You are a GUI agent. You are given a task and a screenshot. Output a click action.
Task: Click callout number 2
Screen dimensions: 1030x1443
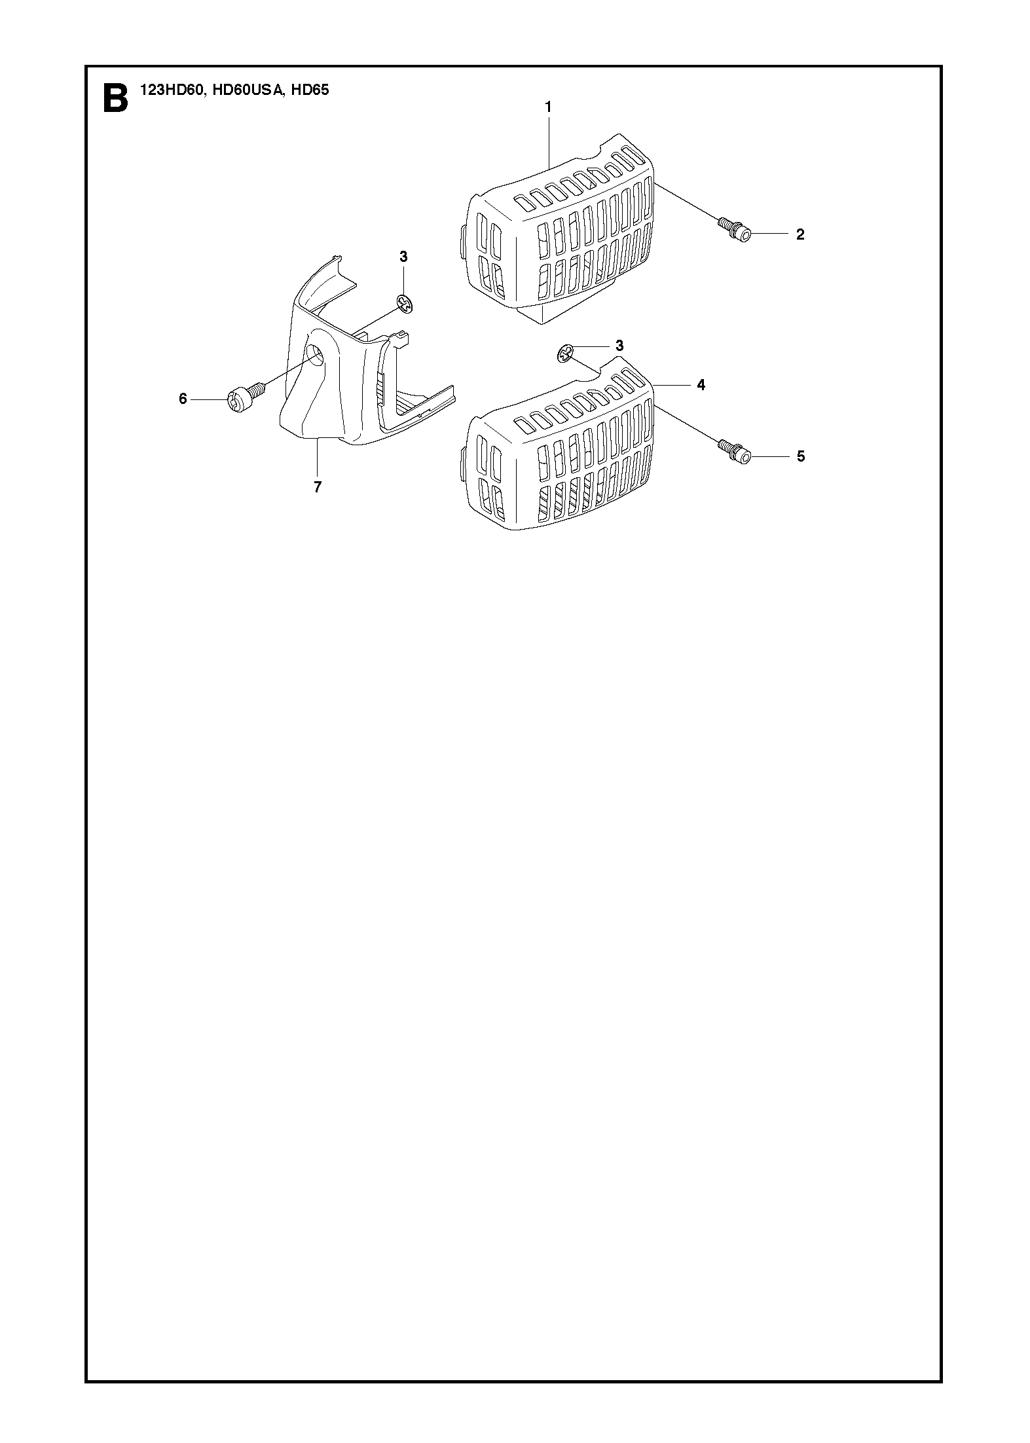800,234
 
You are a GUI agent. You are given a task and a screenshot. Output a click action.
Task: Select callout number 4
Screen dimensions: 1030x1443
701,385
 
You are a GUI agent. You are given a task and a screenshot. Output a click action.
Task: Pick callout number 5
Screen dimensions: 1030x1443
801,456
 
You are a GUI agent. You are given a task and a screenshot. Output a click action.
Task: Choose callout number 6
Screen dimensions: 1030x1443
183,398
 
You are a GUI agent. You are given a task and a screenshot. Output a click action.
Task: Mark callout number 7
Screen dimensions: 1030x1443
318,487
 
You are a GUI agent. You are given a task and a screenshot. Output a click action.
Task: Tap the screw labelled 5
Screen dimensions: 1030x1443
734,451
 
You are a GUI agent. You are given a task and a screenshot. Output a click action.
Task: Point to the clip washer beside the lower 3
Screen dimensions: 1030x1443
565,353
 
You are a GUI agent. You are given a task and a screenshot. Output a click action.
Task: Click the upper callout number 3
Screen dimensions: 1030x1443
403,257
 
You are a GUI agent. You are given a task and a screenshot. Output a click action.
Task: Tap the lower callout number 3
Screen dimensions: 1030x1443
619,345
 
